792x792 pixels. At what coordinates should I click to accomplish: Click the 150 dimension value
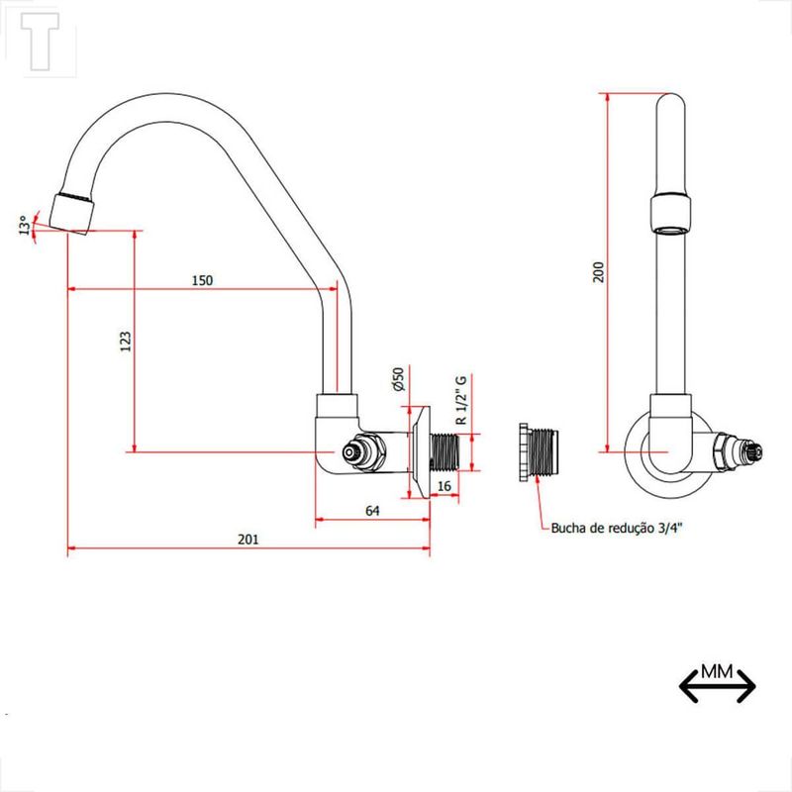pos(202,280)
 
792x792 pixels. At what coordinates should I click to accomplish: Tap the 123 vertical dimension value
pos(126,342)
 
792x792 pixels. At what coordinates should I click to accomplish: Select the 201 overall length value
pos(248,540)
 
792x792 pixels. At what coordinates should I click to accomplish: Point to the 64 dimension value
pos(372,511)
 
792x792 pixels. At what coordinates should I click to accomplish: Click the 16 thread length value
pos(444,486)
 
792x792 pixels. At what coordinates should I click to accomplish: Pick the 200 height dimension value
pos(599,272)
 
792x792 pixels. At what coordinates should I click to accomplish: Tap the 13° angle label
pos(24,226)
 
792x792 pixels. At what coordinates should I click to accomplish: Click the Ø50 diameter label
pos(399,379)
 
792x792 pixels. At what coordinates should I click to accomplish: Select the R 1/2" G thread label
pos(461,400)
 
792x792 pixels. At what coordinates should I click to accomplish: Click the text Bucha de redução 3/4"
pos(616,529)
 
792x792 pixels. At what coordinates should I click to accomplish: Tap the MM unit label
pos(717,672)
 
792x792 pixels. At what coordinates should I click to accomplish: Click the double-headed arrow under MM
pos(717,686)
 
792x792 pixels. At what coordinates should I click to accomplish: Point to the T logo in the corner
pos(40,42)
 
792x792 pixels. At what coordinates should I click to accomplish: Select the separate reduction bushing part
pos(538,452)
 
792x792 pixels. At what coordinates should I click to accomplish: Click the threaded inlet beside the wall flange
pos(445,452)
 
